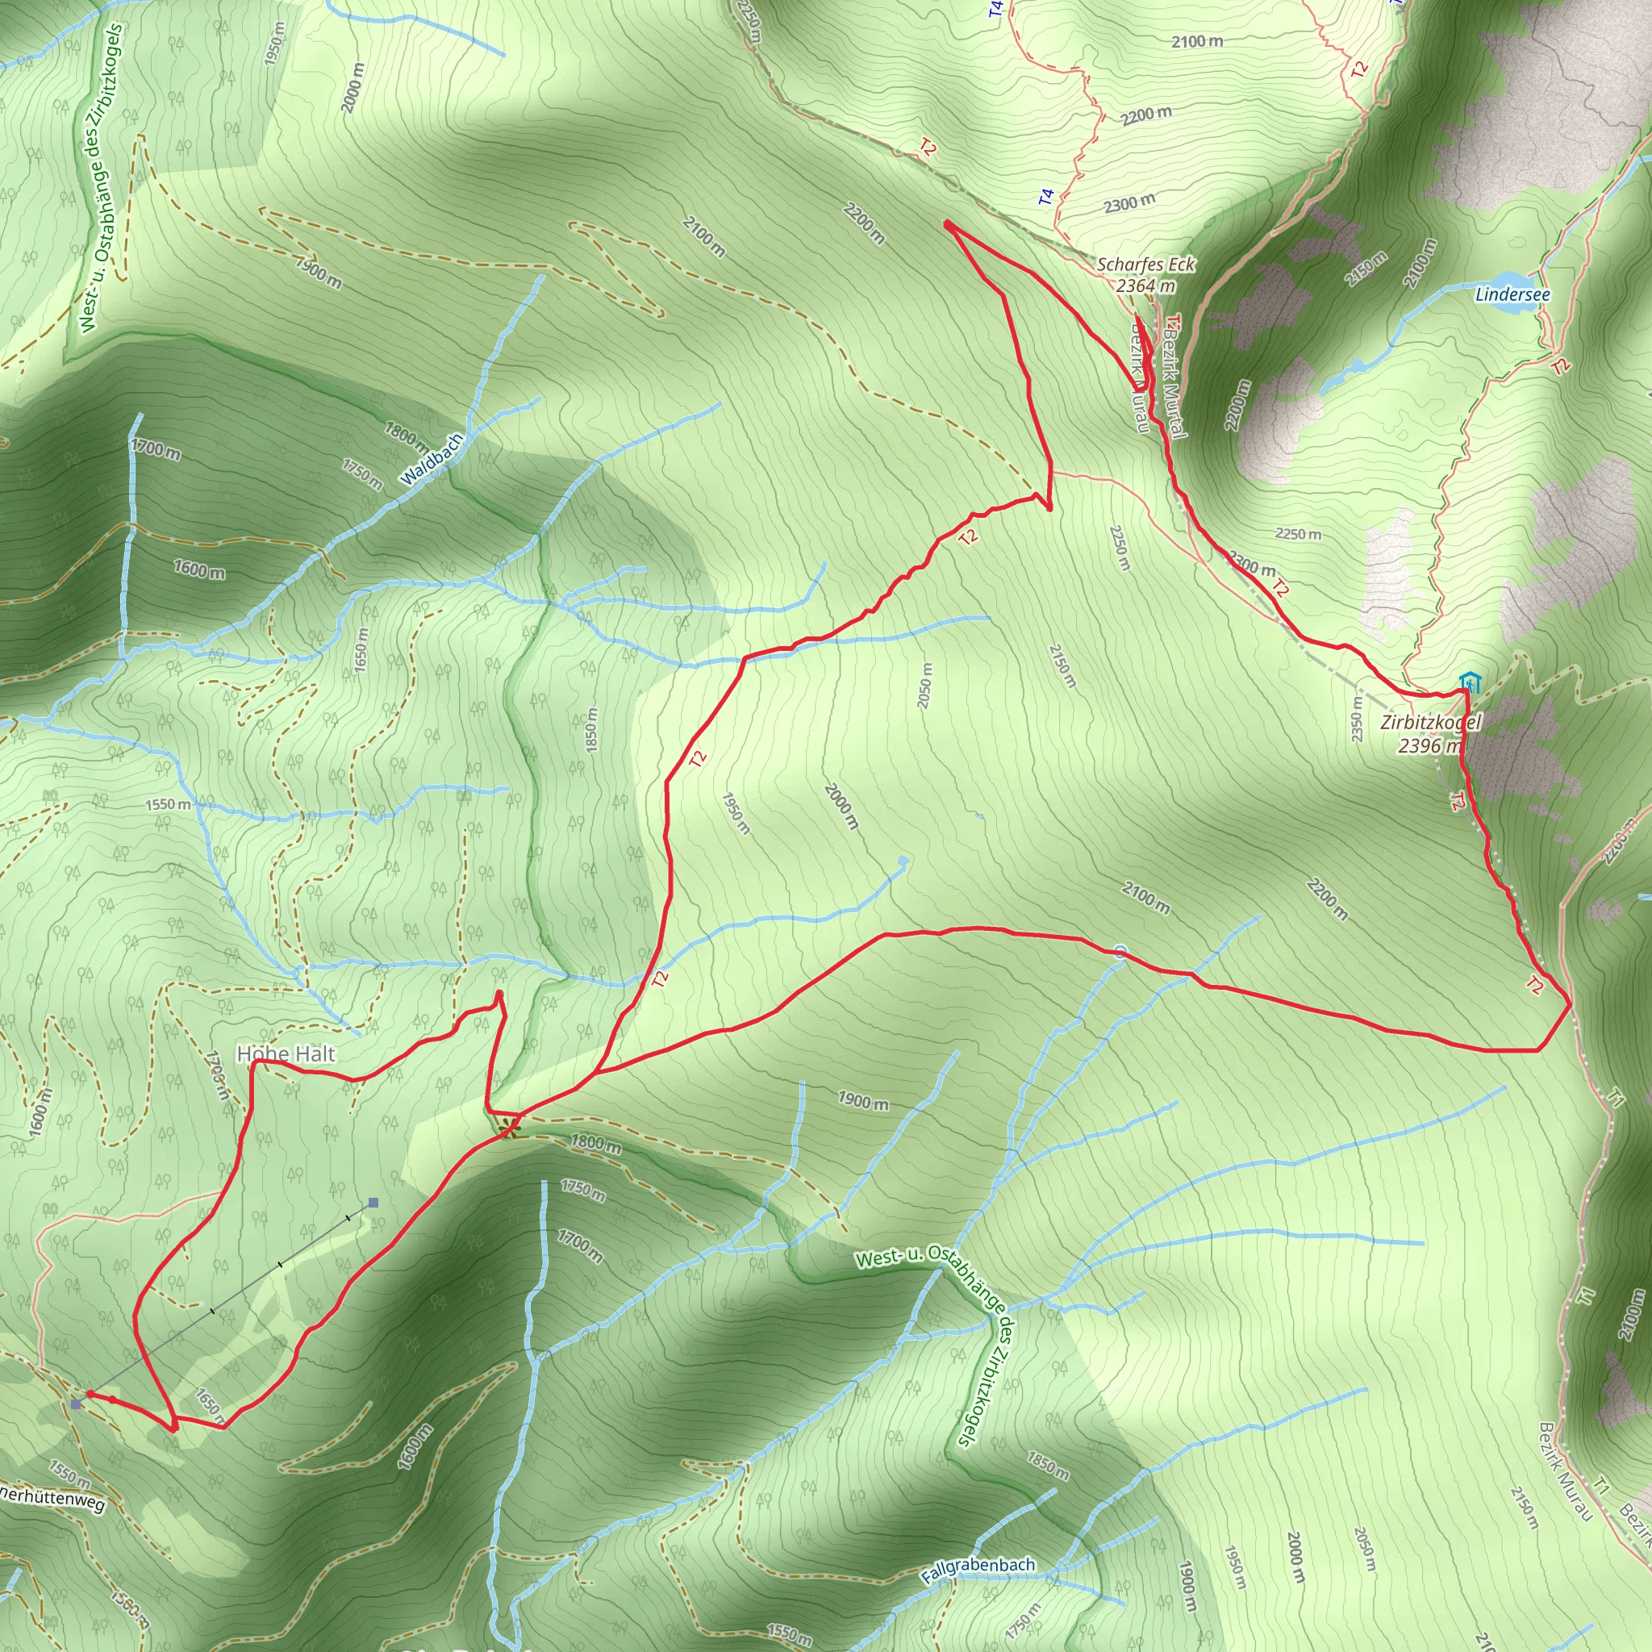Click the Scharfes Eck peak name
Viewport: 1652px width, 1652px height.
[1145, 265]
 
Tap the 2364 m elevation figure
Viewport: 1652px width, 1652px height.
[1145, 286]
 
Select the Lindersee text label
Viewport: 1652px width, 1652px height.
[1512, 295]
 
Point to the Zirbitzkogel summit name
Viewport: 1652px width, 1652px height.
[1429, 723]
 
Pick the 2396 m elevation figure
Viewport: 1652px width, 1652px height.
[1429, 745]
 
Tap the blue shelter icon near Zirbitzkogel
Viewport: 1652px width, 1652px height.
[1470, 682]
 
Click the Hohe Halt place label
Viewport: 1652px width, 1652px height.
[286, 1054]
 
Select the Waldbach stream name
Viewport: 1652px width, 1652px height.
[432, 460]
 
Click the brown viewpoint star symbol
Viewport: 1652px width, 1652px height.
[510, 1127]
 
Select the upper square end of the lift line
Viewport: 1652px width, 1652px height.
[373, 1202]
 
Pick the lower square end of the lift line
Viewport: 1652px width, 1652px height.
[77, 1404]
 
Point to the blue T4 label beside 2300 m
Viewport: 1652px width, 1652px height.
[1046, 197]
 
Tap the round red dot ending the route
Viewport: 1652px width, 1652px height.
[90, 1394]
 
